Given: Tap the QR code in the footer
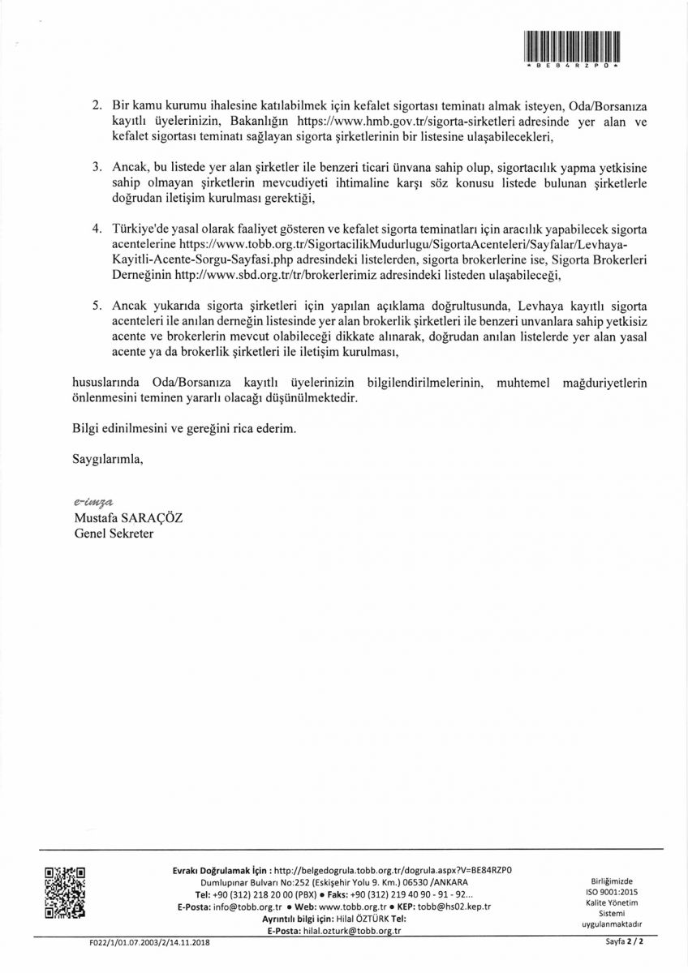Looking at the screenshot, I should tap(65, 894).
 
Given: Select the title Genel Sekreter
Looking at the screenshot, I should tap(113, 534).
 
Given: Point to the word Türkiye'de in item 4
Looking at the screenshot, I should tap(138, 229).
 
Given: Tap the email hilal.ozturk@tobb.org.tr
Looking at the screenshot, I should tap(358, 931).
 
